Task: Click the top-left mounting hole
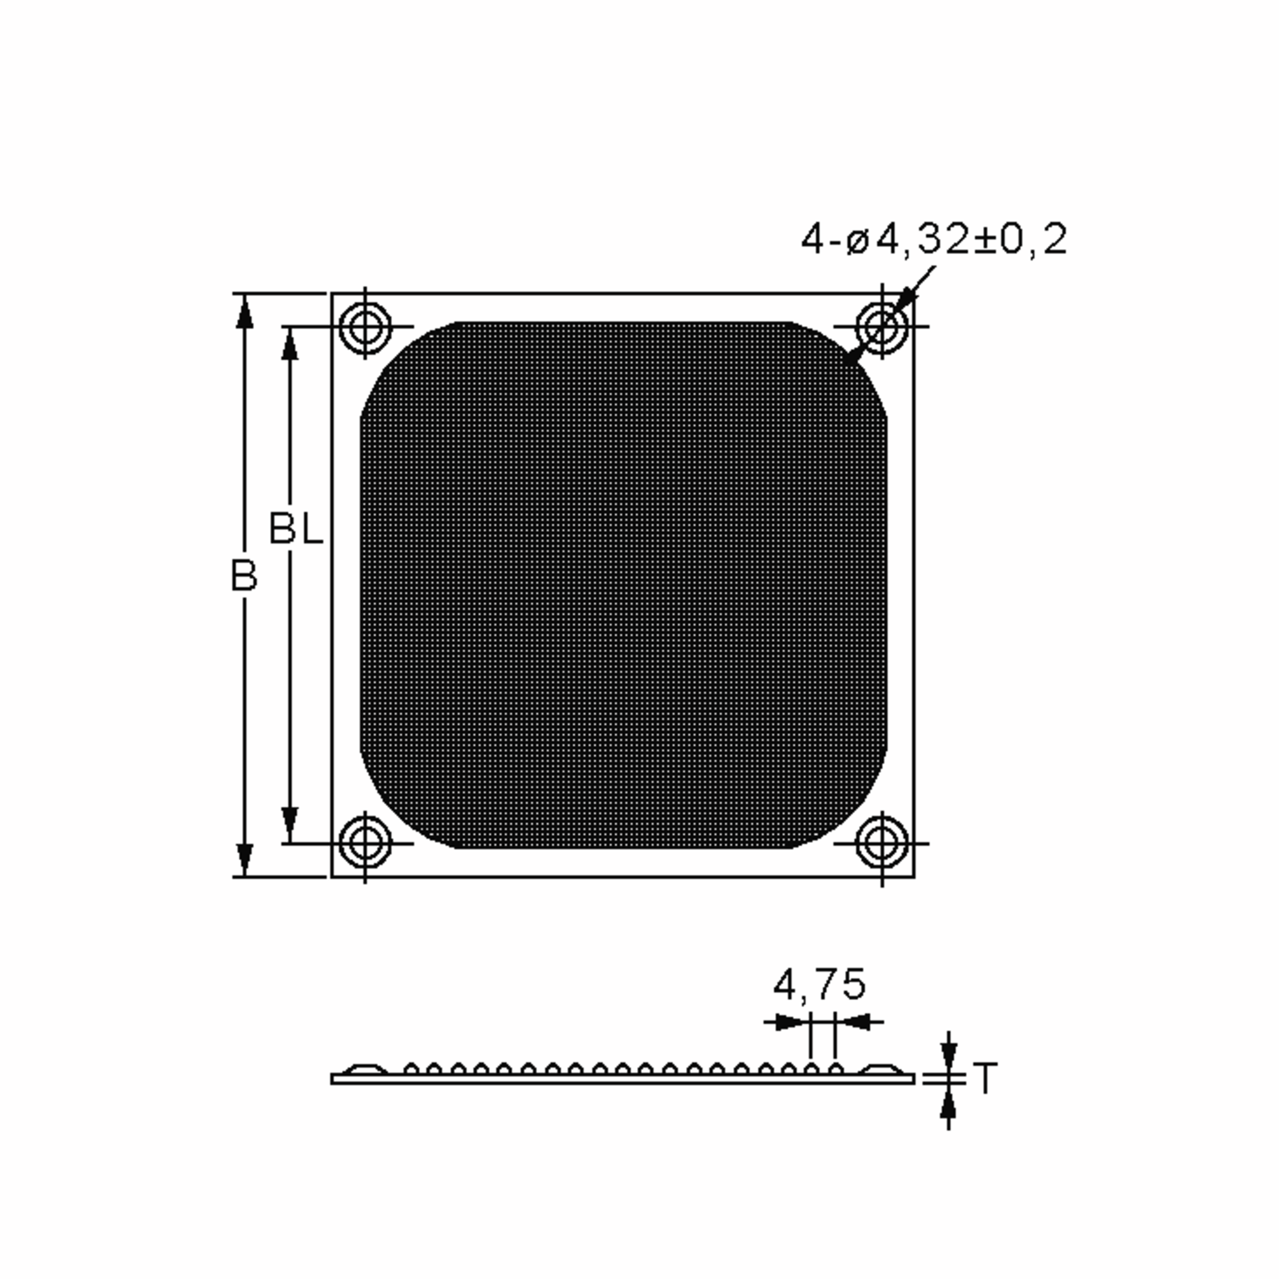click(x=365, y=326)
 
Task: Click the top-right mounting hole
click(x=882, y=326)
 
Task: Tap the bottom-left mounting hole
click(x=365, y=844)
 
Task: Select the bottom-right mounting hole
click(x=882, y=844)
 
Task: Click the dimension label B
click(x=244, y=576)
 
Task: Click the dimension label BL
click(x=296, y=530)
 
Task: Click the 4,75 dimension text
click(x=820, y=984)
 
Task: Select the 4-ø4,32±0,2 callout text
click(x=934, y=240)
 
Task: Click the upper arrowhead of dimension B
click(x=244, y=311)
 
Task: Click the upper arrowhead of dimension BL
click(x=289, y=344)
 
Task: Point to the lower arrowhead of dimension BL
click(x=289, y=825)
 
